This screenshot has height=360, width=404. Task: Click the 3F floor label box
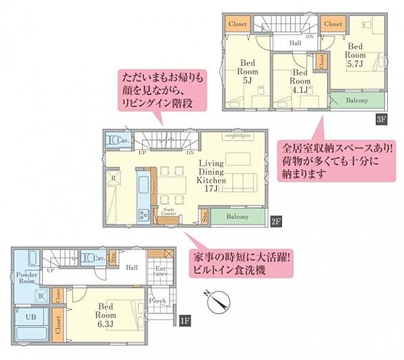click(382, 120)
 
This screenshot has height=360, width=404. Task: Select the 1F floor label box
click(184, 322)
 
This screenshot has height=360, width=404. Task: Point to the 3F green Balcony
click(357, 100)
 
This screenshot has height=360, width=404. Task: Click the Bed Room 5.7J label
click(356, 50)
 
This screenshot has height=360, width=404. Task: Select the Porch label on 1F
click(158, 301)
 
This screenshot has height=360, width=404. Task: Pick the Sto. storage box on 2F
click(203, 216)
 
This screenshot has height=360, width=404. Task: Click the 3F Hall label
click(295, 42)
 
